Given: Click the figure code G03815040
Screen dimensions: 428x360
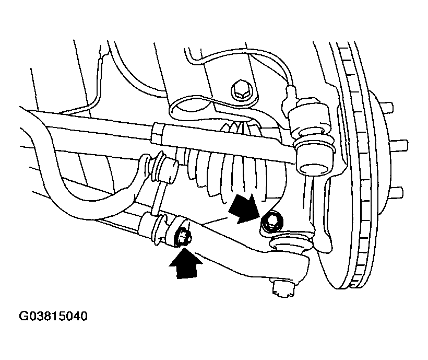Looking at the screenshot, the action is (x=53, y=316).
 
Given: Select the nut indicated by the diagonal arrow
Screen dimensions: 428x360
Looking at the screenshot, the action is (x=272, y=220).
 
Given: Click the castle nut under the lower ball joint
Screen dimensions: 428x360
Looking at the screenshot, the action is (x=283, y=288).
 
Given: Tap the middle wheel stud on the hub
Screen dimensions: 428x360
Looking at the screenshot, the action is (x=399, y=144).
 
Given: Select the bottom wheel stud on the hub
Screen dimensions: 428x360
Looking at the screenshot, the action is (x=395, y=192).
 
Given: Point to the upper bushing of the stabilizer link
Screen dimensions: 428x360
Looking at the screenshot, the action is (x=162, y=168).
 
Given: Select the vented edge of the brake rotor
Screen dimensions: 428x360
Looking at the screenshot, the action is (x=355, y=164).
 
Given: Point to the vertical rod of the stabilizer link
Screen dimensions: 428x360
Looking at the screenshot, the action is (x=157, y=196).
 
